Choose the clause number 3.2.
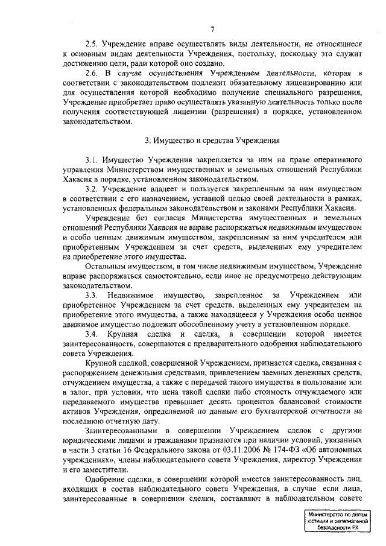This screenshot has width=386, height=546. point(92,189)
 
